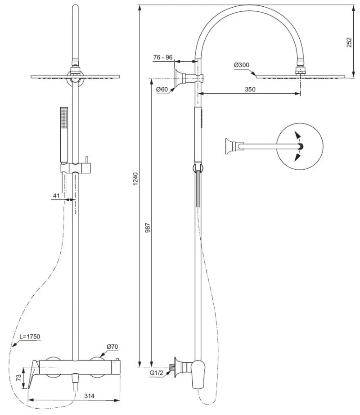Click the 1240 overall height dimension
(x=135, y=179)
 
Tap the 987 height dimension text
(x=148, y=228)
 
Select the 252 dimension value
(x=349, y=42)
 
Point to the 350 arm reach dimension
(x=250, y=89)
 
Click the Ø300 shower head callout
(x=242, y=65)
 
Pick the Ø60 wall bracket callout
(x=162, y=90)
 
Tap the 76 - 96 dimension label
(x=163, y=57)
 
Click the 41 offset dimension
(x=56, y=196)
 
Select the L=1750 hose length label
(x=30, y=336)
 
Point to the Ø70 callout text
(x=112, y=347)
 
